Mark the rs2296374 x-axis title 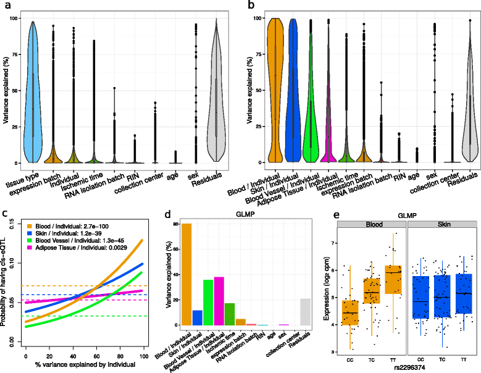point(401,368)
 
